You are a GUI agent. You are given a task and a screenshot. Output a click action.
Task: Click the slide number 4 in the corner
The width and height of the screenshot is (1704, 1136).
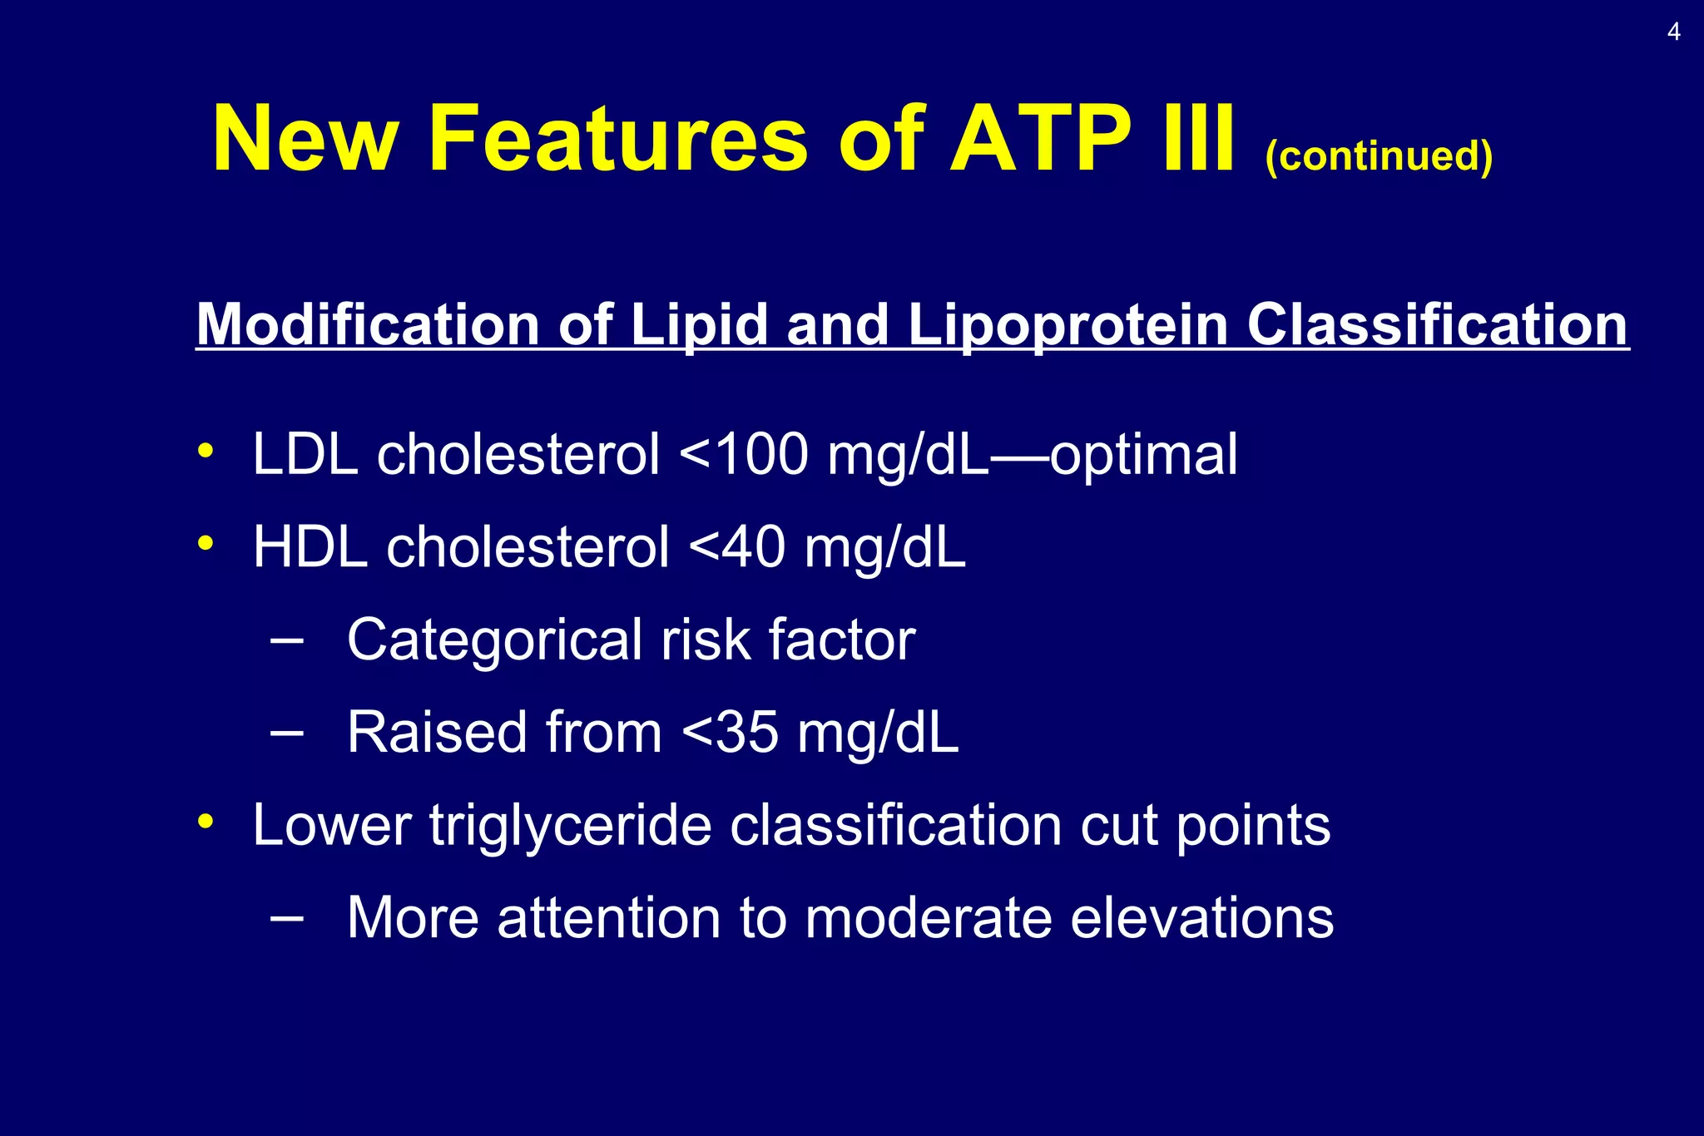tap(1673, 32)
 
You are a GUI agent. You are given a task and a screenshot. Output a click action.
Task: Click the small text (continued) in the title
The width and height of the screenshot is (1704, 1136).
tap(1379, 156)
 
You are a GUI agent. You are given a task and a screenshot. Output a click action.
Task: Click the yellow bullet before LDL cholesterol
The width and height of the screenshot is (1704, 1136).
tap(206, 451)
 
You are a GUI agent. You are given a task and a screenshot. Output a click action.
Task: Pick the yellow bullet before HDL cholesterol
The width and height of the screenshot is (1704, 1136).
tap(206, 544)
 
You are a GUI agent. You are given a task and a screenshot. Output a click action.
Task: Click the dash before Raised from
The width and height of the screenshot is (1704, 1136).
tap(286, 733)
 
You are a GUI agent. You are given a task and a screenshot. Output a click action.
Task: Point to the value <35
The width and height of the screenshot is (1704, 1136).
tap(730, 733)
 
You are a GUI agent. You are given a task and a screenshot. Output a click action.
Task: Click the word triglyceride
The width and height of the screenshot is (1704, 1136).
tap(571, 827)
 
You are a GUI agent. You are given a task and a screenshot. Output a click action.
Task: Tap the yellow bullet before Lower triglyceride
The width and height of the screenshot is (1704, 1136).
tap(206, 822)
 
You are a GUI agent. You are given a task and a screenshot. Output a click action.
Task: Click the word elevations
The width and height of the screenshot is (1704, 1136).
tap(1201, 918)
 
